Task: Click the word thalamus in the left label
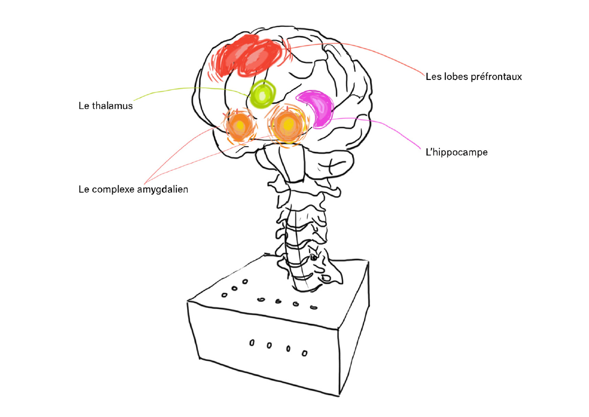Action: (112, 105)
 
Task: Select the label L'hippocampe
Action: (456, 152)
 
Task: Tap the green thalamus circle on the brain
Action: (262, 94)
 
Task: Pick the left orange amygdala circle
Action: (240, 126)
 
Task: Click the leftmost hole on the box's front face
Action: (252, 342)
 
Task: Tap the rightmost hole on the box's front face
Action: (304, 353)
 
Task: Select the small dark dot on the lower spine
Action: (314, 258)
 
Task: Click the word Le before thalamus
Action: (84, 105)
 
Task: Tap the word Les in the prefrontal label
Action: (433, 77)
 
